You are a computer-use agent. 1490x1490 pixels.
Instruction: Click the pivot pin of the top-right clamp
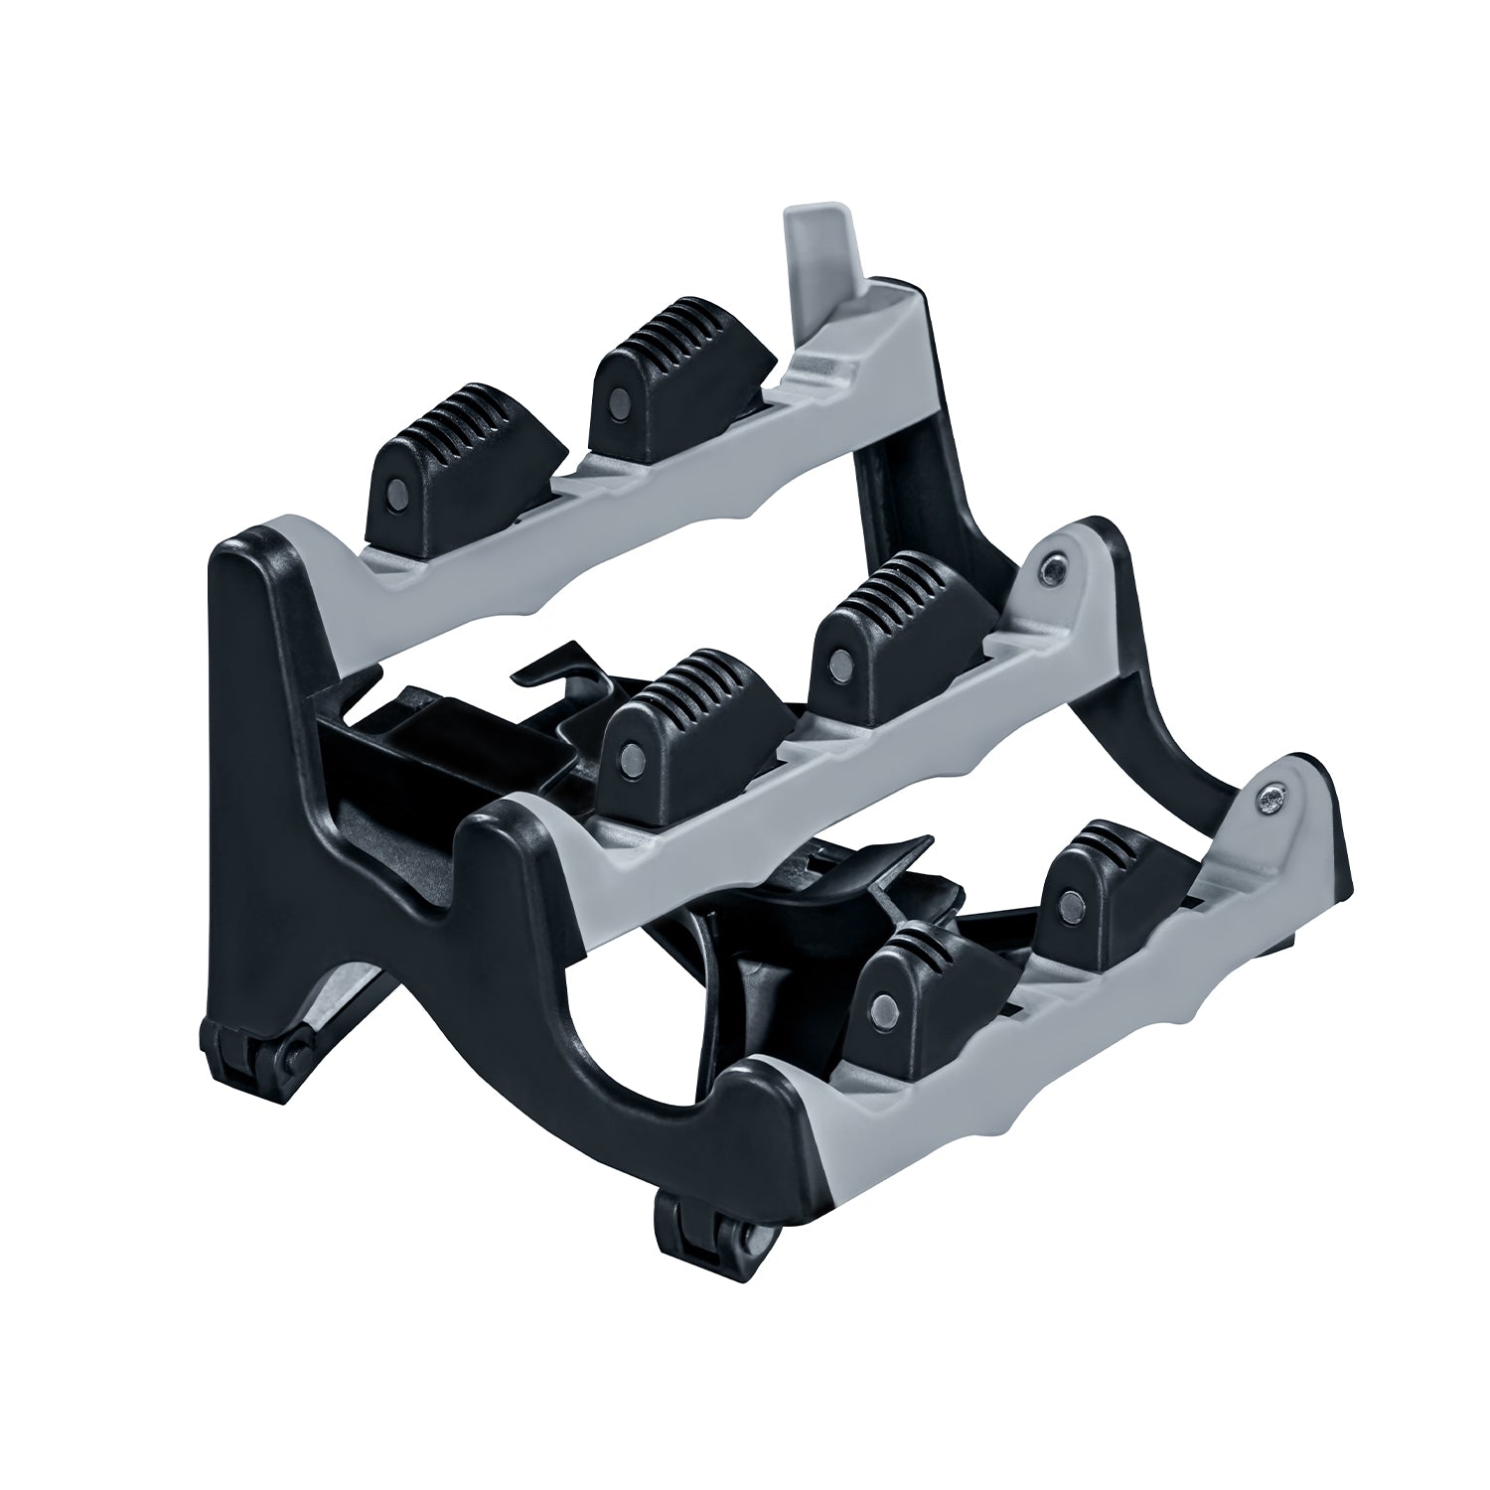[618, 401]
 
